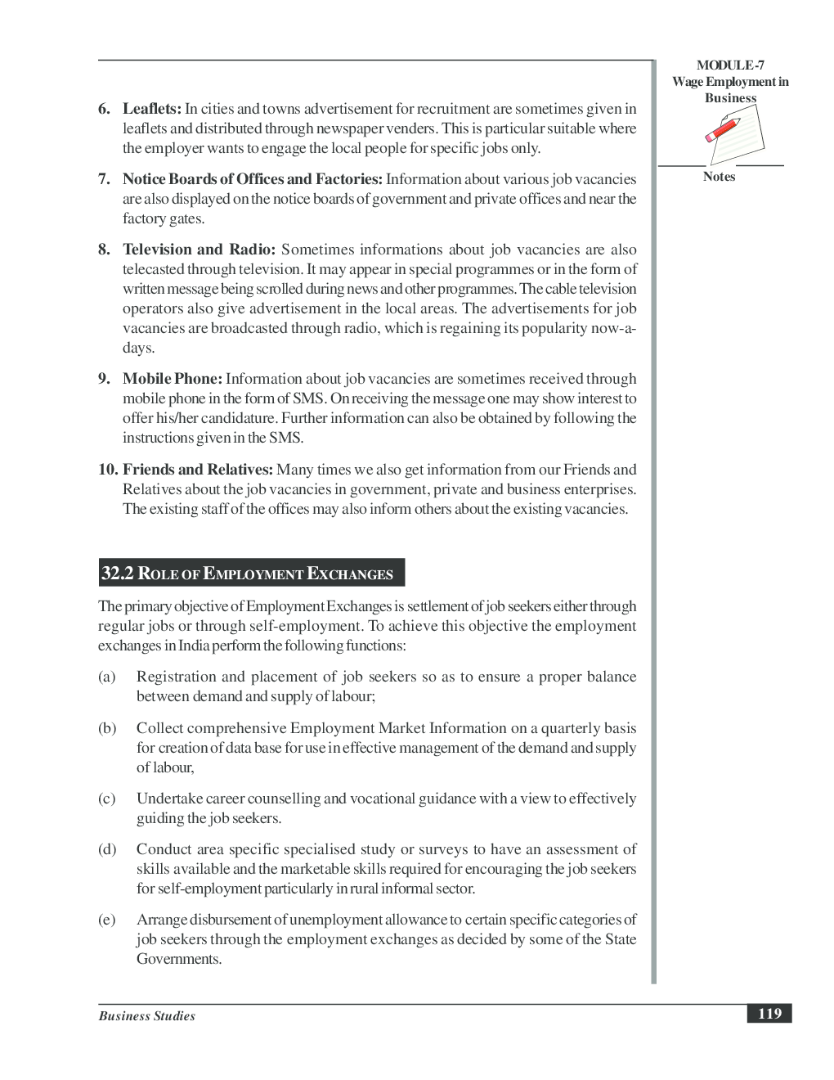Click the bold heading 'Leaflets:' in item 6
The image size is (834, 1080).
(x=152, y=109)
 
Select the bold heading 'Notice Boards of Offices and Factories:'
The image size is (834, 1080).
(x=252, y=179)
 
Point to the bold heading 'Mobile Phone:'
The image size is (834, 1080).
(x=173, y=379)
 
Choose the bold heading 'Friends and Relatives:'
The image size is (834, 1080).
(x=198, y=470)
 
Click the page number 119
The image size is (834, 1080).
(x=769, y=1014)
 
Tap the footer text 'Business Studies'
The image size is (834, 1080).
(x=147, y=1016)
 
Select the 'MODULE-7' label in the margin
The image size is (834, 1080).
(x=730, y=65)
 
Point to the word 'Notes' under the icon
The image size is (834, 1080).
(x=719, y=177)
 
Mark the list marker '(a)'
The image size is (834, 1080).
(x=107, y=677)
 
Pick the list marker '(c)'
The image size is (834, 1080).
(x=107, y=799)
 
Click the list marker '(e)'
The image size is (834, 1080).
(x=107, y=920)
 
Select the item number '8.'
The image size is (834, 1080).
(x=105, y=250)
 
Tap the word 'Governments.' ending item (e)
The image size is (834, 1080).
(x=179, y=959)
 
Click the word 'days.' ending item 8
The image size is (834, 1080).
(x=138, y=348)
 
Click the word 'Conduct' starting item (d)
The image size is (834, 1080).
(x=164, y=849)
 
